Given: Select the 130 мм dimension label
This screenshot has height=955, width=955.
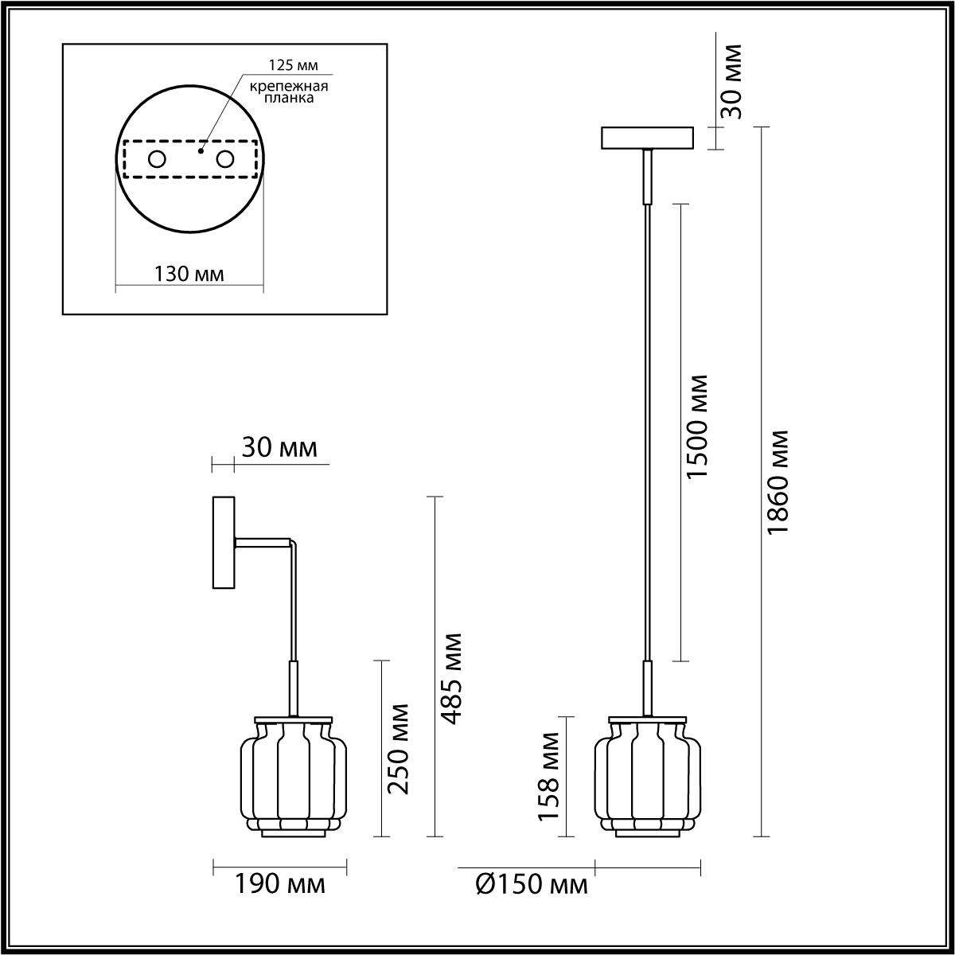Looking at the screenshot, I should pos(189,275).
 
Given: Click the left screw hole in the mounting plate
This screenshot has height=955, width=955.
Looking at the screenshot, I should pos(157,159).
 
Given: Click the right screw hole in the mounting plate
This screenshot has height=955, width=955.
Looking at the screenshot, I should pos(225,159).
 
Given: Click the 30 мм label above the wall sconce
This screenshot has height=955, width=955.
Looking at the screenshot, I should pos(279,448).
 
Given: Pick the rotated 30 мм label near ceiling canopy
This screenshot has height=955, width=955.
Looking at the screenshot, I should pos(730,81).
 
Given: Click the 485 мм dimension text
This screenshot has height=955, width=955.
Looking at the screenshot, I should pos(451,678).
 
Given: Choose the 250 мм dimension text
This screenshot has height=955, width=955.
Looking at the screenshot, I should pos(398,748).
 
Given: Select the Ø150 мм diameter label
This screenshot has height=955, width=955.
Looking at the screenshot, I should pos(531,885).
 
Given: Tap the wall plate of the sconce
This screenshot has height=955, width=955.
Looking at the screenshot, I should pos(223,543).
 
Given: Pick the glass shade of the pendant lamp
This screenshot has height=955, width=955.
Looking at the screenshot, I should pos(647,776).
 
